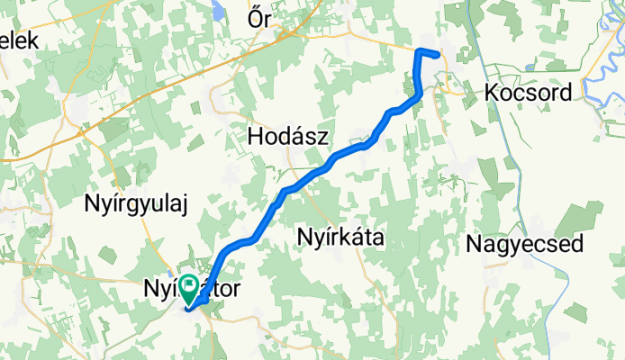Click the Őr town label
pos(260,19)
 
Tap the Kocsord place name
pos(527,92)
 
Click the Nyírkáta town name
pos(340,238)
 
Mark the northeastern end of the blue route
pos(437,55)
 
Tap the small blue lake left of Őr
pos(219,11)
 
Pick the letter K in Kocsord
pos(491,92)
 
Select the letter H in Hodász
pos(255,137)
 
